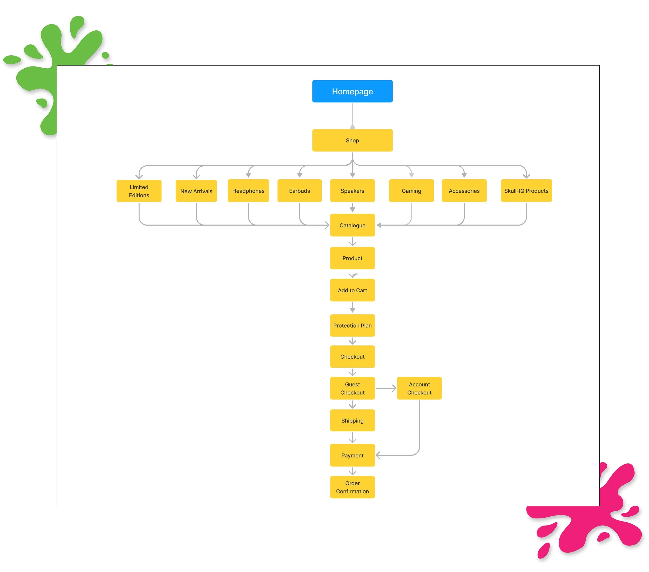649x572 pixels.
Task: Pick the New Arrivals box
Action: [196, 191]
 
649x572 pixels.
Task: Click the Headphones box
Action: [248, 191]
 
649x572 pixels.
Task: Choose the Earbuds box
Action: [299, 191]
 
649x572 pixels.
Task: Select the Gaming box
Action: [411, 191]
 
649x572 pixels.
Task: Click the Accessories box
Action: [464, 191]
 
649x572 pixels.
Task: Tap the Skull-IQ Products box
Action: [526, 191]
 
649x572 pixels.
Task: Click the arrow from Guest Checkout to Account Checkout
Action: [386, 388]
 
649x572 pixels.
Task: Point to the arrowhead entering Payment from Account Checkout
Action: [378, 455]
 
